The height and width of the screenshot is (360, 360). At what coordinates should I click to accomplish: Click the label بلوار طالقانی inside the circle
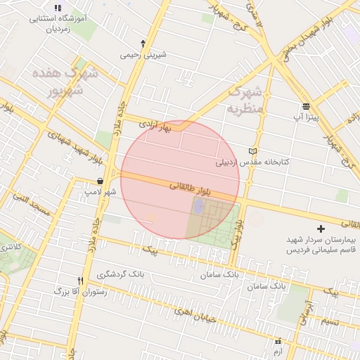(190, 188)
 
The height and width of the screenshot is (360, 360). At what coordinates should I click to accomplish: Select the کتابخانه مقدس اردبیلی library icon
(253, 151)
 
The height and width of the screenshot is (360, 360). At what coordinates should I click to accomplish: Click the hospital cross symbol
(321, 229)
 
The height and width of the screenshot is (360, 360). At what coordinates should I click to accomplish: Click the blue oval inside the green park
(198, 205)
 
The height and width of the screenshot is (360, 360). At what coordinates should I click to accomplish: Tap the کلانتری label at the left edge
(10, 247)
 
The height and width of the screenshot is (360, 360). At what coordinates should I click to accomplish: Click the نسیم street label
(328, 323)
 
